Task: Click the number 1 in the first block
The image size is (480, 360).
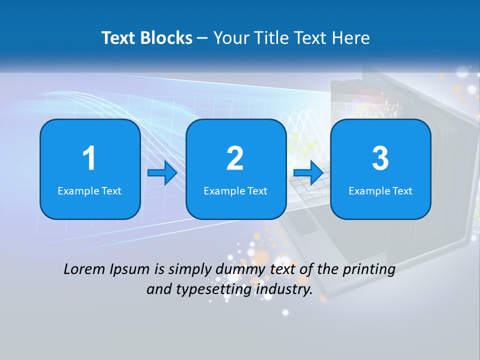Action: (89, 158)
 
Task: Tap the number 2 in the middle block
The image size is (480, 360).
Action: (235, 158)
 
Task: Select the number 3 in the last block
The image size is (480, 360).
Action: (380, 158)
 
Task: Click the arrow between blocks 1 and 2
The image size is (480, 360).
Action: (162, 173)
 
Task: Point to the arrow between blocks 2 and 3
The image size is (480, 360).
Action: (308, 173)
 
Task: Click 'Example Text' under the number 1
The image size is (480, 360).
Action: (89, 191)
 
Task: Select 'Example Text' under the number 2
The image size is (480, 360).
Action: (235, 191)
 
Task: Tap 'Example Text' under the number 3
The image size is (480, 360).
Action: (380, 191)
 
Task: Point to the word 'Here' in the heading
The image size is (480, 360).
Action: (350, 38)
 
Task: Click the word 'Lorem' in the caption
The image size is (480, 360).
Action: (84, 269)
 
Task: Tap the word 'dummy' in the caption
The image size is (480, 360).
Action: (237, 269)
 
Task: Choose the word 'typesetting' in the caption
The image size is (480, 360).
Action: (197, 289)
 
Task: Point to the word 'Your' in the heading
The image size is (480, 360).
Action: (229, 38)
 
